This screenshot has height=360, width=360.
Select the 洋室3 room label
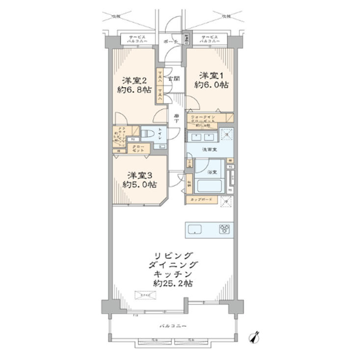coord(140,175)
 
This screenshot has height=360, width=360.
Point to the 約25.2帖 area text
coord(172,284)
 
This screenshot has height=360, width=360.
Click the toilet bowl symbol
coord(147,133)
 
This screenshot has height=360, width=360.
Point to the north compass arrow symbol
coord(254,336)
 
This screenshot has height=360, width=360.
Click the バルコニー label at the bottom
coord(172,326)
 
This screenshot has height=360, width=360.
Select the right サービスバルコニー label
coord(205,39)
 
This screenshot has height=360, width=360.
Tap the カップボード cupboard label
coord(199,200)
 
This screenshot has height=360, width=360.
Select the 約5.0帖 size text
coord(140,185)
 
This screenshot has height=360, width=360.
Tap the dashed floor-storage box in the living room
coord(146,295)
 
